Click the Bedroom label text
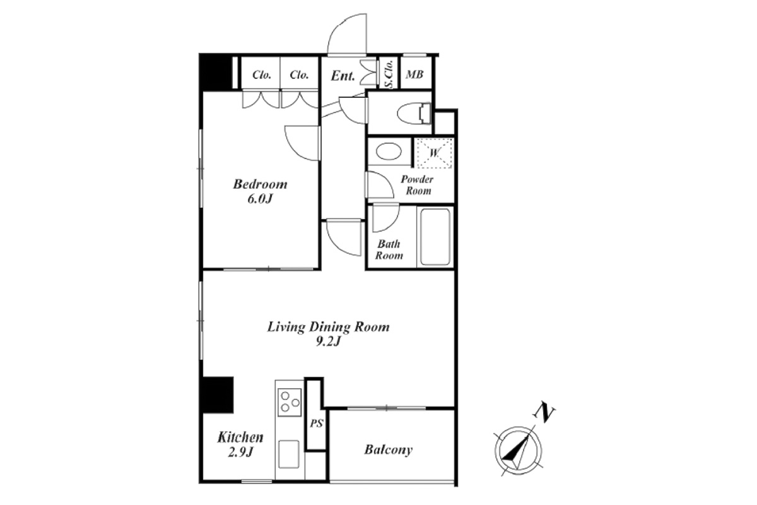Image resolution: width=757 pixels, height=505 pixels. coord(260,184)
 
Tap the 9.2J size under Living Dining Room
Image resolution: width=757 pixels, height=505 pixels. coord(328,342)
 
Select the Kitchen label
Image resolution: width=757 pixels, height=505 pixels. coord(240,437)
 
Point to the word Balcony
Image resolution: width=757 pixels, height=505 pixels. coord(389,450)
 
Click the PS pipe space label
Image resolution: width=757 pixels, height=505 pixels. coord(317,424)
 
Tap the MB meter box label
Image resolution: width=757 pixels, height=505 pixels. coord(414,74)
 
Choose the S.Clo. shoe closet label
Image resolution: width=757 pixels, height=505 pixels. coord(389,74)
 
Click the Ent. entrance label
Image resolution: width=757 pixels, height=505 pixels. coord(343,76)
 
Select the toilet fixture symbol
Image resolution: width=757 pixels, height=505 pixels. coord(414,114)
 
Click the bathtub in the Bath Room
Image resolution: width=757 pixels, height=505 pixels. coord(435,237)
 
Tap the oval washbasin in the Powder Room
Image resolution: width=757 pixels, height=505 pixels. coord(389,151)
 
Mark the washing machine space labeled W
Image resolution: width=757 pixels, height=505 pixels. coord(434,153)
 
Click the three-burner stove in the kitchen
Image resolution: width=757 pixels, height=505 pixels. coord(290,403)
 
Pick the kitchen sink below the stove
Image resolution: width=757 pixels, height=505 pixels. coord(289,454)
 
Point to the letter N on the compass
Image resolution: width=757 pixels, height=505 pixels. coord(544,413)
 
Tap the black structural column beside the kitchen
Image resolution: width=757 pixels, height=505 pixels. coord(218,395)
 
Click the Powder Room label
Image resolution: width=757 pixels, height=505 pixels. coord(418,185)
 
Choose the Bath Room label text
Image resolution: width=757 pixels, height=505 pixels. coord(389,249)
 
